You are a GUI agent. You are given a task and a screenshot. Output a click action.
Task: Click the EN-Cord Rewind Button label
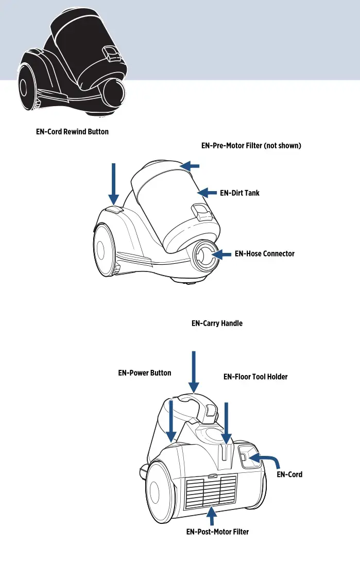click(x=72, y=132)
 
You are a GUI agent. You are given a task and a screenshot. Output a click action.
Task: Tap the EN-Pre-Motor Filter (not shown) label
click(x=251, y=146)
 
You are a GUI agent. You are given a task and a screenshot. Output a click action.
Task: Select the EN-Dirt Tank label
click(x=239, y=193)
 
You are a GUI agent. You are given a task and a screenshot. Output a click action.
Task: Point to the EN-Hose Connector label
click(x=264, y=254)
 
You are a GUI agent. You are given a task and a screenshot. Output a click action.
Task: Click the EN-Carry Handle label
click(x=217, y=324)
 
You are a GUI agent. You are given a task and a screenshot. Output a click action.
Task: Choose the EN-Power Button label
click(x=145, y=373)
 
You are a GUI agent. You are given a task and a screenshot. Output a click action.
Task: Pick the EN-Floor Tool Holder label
click(x=255, y=377)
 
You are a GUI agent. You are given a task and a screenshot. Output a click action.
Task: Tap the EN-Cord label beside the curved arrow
click(x=289, y=474)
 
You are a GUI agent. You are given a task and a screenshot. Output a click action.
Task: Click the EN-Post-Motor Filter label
click(x=217, y=532)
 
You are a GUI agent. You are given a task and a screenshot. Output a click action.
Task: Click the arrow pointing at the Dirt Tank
click(x=208, y=193)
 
